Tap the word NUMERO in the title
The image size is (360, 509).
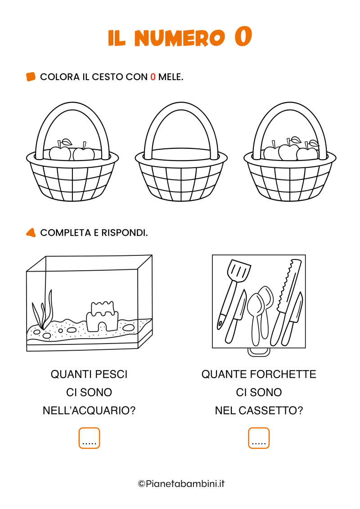pos(179,38)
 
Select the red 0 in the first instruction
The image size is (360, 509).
pos(153,77)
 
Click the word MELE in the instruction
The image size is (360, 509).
pos(170,77)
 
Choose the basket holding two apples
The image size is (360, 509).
pos(72,171)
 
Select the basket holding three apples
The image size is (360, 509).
pos(290,171)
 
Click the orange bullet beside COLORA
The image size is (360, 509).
pos(31,77)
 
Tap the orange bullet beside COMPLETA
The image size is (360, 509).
pos(31,233)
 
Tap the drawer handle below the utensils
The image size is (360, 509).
pos(259,353)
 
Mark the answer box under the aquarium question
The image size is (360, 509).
pos(89,438)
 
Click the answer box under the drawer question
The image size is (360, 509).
pos(259,438)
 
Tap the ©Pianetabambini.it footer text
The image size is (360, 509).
pos(181,484)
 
